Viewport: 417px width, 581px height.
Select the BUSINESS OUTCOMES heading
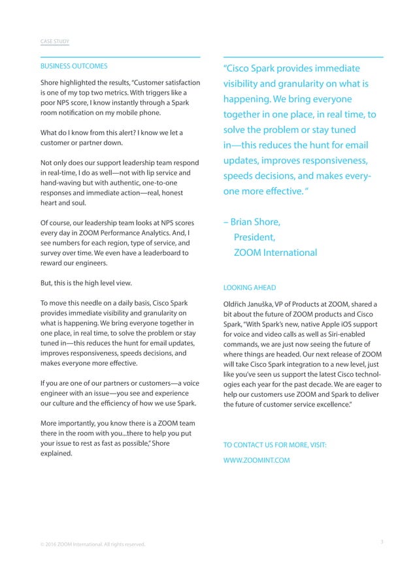(74, 67)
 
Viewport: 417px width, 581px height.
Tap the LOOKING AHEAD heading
(249, 287)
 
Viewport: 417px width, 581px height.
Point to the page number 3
(380, 541)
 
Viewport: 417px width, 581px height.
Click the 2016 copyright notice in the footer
(92, 544)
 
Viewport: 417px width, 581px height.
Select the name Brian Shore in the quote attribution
(259, 222)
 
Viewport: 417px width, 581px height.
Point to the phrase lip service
(155, 172)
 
